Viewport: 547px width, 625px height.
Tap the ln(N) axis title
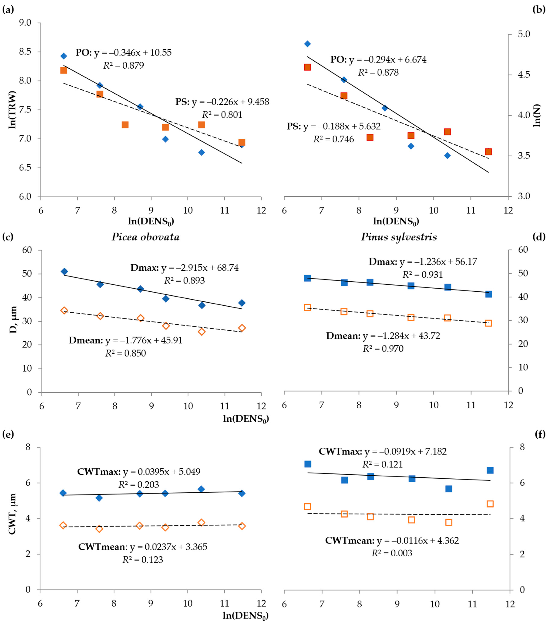tap(537, 115)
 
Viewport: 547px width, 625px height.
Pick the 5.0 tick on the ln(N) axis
tap(524, 34)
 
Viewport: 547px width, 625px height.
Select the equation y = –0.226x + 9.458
tap(230, 102)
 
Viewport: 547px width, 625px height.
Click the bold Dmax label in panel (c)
tap(144, 268)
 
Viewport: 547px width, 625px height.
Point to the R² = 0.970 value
tap(383, 349)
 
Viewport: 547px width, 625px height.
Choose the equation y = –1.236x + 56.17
tap(438, 262)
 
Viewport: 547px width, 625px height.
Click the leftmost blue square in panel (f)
tap(308, 464)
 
